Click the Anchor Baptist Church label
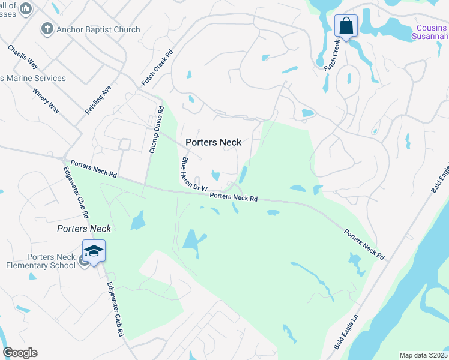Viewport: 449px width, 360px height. click(98, 29)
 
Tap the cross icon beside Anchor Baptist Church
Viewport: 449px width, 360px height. click(47, 28)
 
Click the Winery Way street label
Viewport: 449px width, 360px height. click(46, 101)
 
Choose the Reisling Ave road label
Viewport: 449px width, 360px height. click(98, 100)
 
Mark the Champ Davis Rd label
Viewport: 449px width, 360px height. click(156, 129)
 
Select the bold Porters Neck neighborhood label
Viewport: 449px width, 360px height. click(213, 142)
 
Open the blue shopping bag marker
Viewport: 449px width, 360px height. click(346, 26)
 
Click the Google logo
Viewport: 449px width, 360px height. click(20, 353)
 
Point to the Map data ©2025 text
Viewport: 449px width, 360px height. click(423, 355)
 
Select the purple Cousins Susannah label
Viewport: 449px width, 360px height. click(432, 31)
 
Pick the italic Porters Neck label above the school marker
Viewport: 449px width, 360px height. click(84, 229)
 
